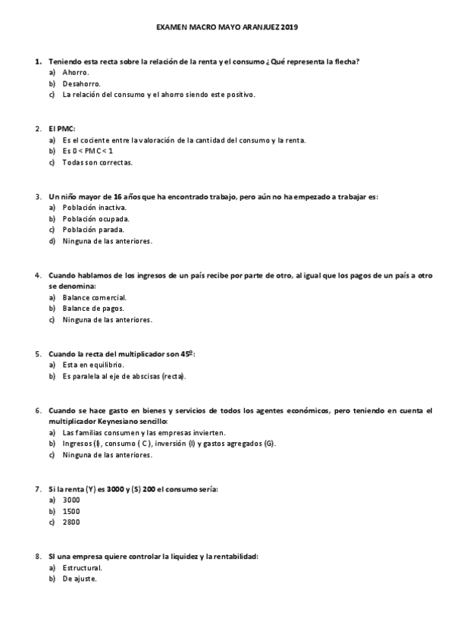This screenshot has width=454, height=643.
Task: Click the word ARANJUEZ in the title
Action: click(x=259, y=27)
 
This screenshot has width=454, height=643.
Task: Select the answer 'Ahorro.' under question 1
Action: click(x=76, y=72)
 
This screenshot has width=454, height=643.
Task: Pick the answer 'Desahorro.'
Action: click(x=82, y=83)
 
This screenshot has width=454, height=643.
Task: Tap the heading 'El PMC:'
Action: click(x=62, y=129)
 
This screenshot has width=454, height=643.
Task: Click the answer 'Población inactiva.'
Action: click(x=95, y=208)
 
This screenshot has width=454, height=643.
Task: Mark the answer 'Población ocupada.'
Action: click(x=96, y=219)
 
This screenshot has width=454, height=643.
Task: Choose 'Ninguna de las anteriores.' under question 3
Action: click(x=108, y=241)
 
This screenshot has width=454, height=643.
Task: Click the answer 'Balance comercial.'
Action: click(x=95, y=298)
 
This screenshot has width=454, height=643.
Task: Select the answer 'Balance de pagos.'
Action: click(x=94, y=309)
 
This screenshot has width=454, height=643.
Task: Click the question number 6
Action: click(x=37, y=410)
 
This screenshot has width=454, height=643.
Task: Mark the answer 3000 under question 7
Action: click(x=72, y=500)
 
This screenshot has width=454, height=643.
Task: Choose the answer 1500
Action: click(x=72, y=512)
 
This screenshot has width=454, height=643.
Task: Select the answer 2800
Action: click(x=72, y=522)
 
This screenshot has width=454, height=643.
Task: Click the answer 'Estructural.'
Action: click(x=83, y=568)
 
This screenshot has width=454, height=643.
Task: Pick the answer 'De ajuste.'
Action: click(x=80, y=579)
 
